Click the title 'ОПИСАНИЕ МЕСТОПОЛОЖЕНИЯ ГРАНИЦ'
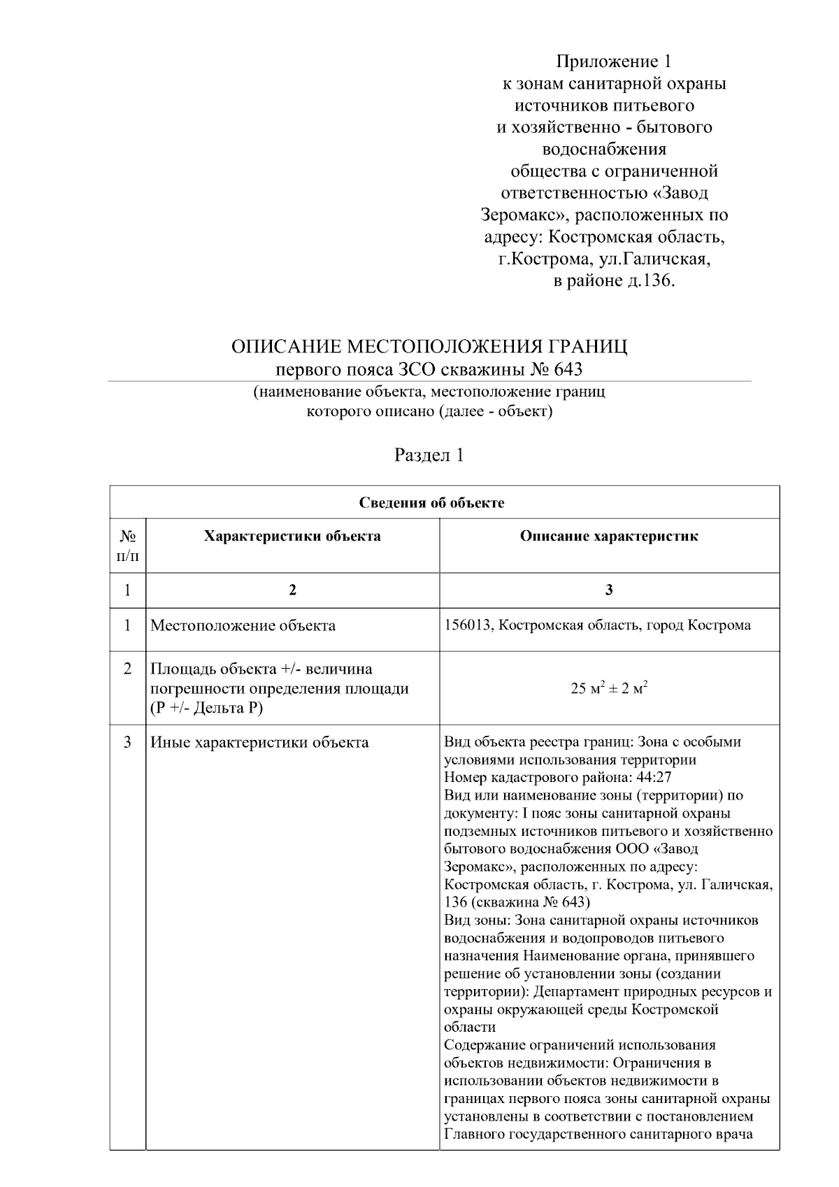(429, 347)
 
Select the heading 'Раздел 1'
(429, 455)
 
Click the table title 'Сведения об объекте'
(431, 503)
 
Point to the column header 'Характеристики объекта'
(292, 536)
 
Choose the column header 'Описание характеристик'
(608, 536)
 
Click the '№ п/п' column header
(127, 546)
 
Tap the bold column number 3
(608, 590)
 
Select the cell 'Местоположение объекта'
(243, 625)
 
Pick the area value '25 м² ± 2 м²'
(608, 688)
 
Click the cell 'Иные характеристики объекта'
(259, 742)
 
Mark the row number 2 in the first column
(127, 669)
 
